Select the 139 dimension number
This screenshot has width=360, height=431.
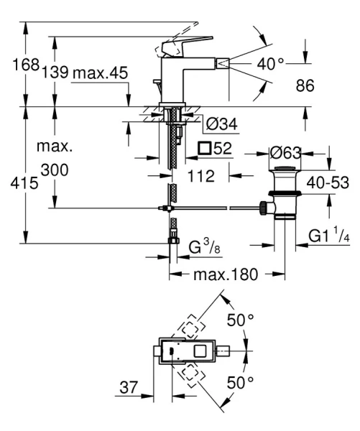(55, 72)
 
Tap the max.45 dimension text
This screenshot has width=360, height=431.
(102, 72)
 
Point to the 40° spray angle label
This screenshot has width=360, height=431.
(271, 65)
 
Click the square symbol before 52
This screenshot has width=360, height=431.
(205, 149)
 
